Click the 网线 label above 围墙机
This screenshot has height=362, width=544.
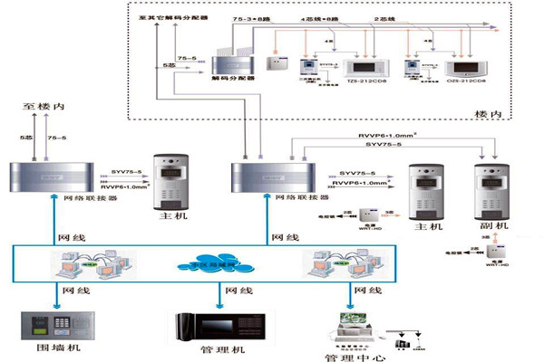(x=70, y=291)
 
